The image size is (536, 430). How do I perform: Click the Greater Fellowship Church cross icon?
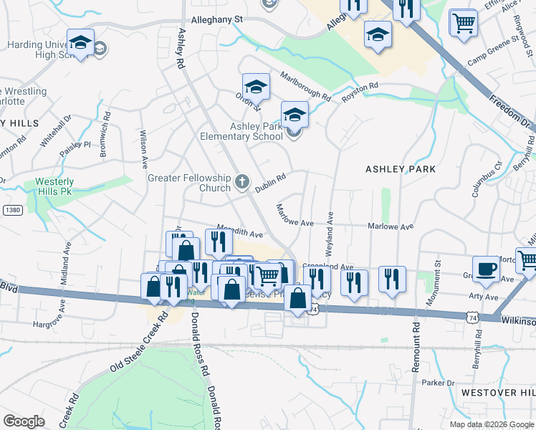(242, 182)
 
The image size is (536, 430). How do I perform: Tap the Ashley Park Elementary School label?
(256, 132)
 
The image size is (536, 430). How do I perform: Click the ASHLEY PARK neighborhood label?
(400, 169)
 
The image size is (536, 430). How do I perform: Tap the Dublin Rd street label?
(271, 181)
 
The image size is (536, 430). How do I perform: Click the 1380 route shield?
(11, 209)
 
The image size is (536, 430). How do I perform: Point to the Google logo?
(24, 421)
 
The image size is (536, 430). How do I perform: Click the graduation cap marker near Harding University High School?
(81, 42)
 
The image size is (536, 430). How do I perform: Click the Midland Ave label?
(65, 261)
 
